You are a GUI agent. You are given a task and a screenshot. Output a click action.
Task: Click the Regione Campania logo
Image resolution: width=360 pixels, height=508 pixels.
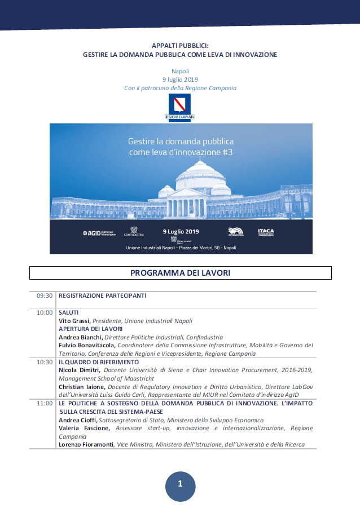point(179,107)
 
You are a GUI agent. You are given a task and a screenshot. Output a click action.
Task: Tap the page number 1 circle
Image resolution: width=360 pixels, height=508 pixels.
point(180,484)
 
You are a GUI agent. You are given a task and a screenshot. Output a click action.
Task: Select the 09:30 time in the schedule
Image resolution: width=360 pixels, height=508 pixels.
point(45,295)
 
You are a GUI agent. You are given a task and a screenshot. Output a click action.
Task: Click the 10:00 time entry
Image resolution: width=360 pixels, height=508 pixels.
point(45,312)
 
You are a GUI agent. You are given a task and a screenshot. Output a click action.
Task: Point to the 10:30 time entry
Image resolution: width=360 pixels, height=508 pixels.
point(45,362)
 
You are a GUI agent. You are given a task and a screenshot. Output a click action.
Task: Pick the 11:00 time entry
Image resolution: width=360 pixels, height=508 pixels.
point(45,404)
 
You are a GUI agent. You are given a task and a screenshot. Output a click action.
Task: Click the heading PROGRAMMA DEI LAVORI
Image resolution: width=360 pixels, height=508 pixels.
point(180,273)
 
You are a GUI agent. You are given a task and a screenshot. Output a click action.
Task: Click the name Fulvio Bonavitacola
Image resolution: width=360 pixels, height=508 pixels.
point(87,345)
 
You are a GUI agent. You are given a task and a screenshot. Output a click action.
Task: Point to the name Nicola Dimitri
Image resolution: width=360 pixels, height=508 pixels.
point(78,370)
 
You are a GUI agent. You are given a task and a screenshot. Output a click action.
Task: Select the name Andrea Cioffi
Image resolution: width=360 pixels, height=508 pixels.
point(77,420)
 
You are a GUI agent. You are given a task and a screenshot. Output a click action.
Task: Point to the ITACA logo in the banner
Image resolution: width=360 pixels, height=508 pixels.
point(266,232)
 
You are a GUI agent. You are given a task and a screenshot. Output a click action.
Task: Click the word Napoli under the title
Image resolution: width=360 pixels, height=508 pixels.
point(180,72)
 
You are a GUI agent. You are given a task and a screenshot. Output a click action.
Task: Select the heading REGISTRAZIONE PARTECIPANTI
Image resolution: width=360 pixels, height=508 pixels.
point(102,295)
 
